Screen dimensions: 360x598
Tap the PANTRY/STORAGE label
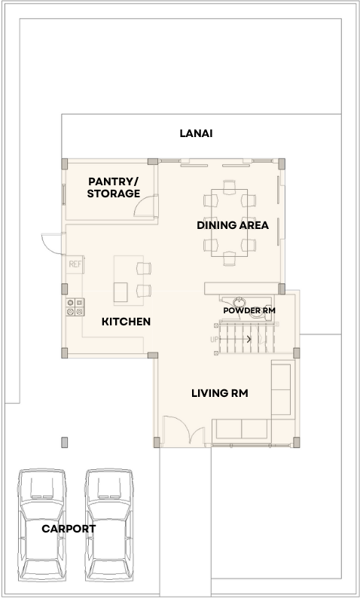tap(113, 188)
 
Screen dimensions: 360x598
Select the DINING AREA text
tap(233, 225)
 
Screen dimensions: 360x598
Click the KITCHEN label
tap(126, 322)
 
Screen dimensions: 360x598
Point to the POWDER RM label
tap(249, 310)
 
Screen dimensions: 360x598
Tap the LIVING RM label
tap(220, 393)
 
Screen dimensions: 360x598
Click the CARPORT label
tap(69, 529)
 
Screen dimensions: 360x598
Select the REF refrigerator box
tap(75, 264)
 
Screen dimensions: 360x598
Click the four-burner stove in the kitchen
tap(75, 307)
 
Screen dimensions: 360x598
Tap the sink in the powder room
tap(239, 302)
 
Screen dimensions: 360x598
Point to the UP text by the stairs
tap(215, 339)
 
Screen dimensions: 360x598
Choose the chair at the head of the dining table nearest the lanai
tap(229, 186)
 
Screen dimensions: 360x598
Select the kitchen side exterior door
tap(53, 244)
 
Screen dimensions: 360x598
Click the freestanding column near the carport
tap(65, 442)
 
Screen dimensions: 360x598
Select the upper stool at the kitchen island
tap(144, 268)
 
